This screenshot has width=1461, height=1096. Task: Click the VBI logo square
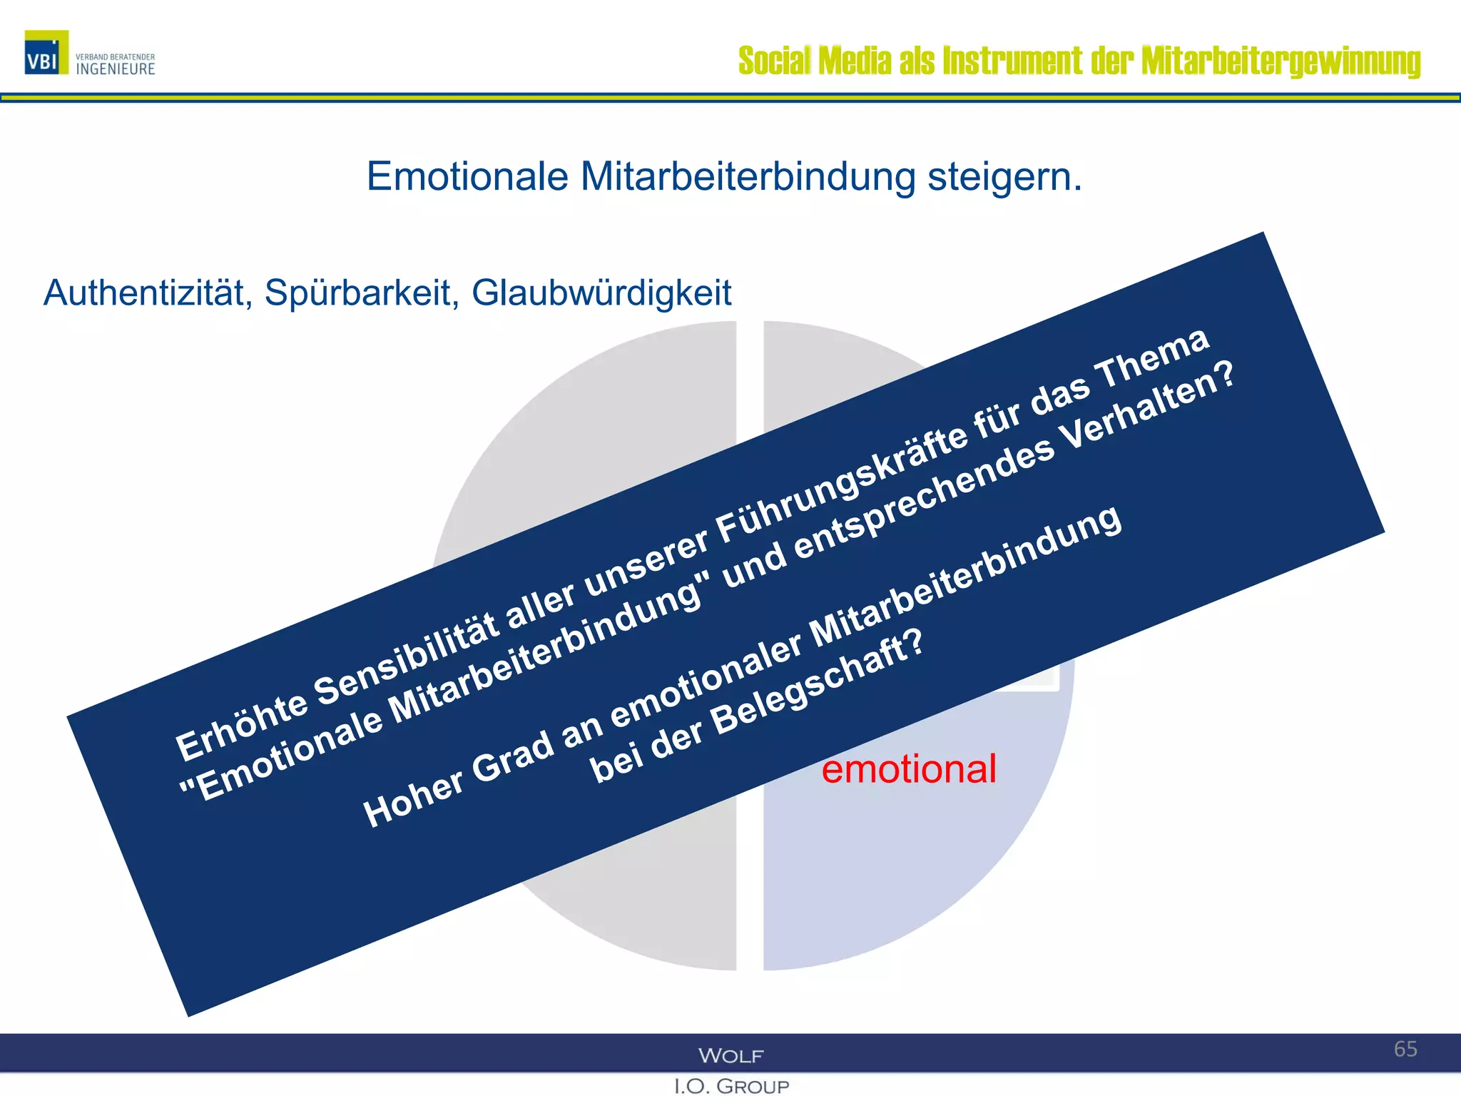coord(46,52)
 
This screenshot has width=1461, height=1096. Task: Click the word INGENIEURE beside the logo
coord(116,69)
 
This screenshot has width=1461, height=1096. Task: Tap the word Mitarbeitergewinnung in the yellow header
coord(1281,61)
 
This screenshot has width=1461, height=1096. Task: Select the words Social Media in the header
coord(814,61)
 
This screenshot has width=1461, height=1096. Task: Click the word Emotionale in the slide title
coord(467,176)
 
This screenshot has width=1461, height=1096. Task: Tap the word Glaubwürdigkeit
coord(601,293)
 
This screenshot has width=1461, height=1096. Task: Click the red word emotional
coord(908,768)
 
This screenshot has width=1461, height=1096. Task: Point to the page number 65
coord(1405,1049)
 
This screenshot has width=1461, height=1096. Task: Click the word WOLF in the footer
coord(730,1055)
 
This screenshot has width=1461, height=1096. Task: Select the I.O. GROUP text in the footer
coord(731,1086)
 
